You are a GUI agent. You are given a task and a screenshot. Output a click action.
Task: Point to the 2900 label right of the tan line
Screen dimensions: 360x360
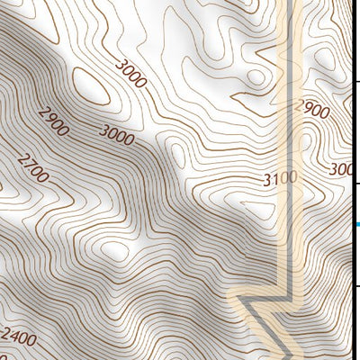click(312, 110)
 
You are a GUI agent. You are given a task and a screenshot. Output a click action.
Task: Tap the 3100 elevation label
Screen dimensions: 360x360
click(280, 178)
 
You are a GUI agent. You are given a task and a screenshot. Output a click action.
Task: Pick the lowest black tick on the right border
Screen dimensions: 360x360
click(357, 286)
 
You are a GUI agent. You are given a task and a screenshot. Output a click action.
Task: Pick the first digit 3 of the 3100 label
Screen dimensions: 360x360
click(267, 181)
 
